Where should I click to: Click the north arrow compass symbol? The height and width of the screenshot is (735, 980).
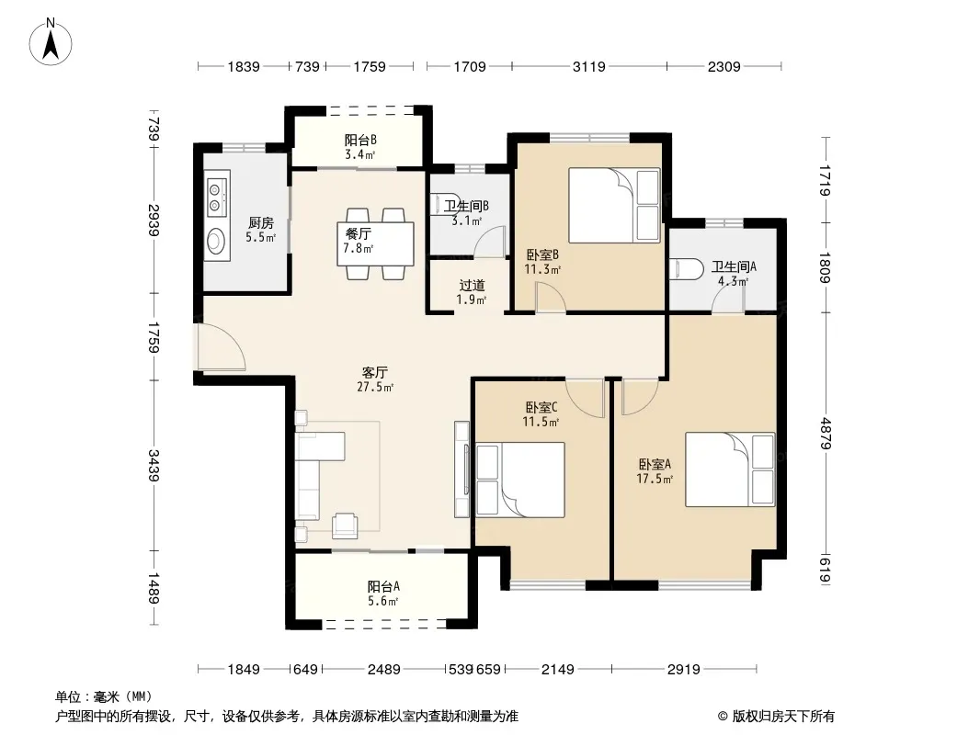point(51,42)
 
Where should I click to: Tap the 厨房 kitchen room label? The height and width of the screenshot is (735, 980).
point(260,223)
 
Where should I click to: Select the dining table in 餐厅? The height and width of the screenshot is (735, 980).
point(375,243)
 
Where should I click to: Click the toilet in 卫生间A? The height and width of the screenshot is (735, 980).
point(682,268)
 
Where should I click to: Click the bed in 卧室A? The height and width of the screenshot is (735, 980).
point(730,469)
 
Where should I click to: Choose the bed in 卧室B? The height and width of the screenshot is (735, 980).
point(614,205)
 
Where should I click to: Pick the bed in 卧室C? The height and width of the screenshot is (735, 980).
point(520,480)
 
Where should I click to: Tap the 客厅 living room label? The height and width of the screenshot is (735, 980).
point(374,373)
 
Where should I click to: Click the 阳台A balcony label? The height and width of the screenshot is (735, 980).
point(383,586)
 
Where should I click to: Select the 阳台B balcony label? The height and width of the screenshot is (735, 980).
point(360,140)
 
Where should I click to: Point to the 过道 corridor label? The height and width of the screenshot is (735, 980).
point(472,286)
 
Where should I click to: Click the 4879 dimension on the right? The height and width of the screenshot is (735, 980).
point(826,434)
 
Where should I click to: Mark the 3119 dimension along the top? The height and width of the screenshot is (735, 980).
point(588,66)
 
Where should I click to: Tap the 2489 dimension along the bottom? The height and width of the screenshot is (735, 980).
point(383,670)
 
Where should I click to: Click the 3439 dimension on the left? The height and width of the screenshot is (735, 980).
point(154,465)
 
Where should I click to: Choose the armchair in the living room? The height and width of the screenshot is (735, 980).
point(345,526)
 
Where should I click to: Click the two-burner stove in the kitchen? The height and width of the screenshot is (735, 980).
point(216,196)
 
